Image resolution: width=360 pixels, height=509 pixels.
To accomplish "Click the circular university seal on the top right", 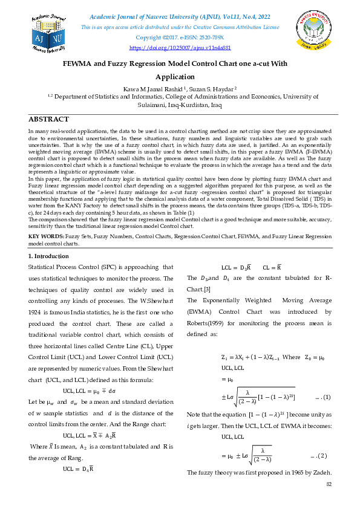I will tap(315, 31).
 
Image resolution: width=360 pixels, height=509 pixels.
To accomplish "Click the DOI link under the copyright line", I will tap(180, 47).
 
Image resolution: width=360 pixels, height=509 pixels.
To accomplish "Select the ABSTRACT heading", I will tap(49, 119).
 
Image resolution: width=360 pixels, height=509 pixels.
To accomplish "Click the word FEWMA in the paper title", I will tap(79, 63).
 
